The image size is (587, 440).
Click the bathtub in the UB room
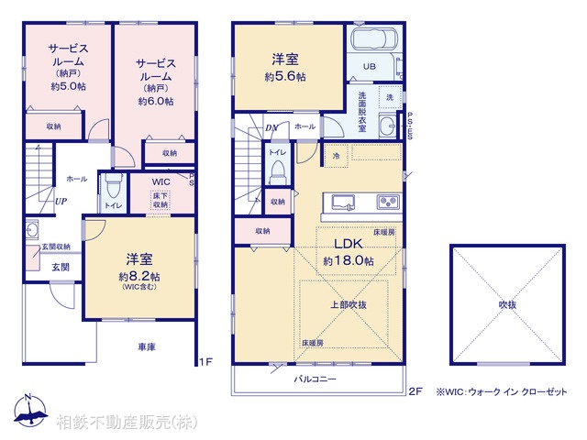point(372,42)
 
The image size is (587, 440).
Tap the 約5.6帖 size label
point(289,79)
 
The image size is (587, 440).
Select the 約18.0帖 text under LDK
point(348,261)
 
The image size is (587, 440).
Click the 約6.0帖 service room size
point(155,102)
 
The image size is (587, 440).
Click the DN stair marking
point(271,127)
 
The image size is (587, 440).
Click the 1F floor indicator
point(205,362)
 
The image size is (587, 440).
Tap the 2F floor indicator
point(415,391)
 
